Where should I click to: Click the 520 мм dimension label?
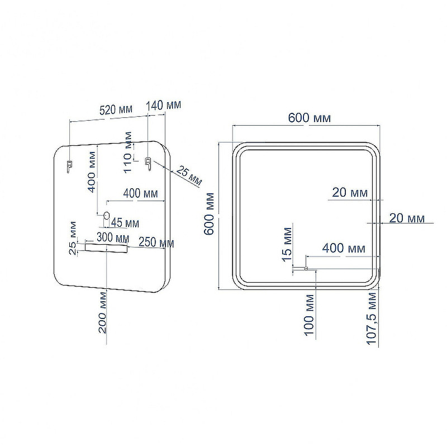click(116, 110)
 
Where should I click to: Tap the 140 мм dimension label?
click(164, 105)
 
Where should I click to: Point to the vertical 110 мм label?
click(128, 152)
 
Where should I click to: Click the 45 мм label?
click(125, 223)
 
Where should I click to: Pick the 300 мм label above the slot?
click(113, 237)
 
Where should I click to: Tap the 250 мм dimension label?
click(156, 242)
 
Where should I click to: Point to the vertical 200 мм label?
click(102, 312)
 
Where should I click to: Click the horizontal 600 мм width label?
click(310, 118)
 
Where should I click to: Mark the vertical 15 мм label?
click(287, 244)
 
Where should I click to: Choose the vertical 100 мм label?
click(310, 315)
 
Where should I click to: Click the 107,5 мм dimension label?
click(372, 318)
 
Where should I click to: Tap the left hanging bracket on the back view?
click(69, 166)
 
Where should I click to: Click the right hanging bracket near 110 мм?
click(148, 164)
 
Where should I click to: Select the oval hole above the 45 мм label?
click(106, 215)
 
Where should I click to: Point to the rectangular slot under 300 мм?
click(106, 248)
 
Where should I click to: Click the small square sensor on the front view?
click(306, 268)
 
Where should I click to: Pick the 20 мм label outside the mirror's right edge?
click(407, 218)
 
